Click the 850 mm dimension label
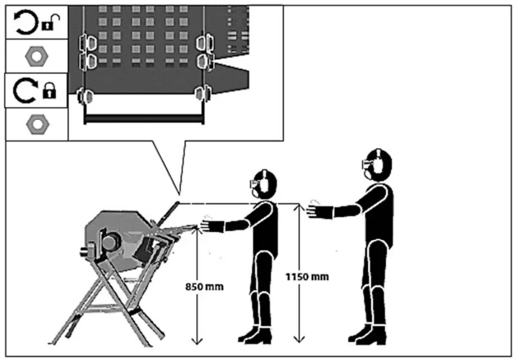205,287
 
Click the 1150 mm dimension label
306,276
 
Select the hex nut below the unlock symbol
36,56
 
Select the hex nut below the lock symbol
36,124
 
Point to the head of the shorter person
264,184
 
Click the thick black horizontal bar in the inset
144,120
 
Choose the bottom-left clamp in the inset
86,95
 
